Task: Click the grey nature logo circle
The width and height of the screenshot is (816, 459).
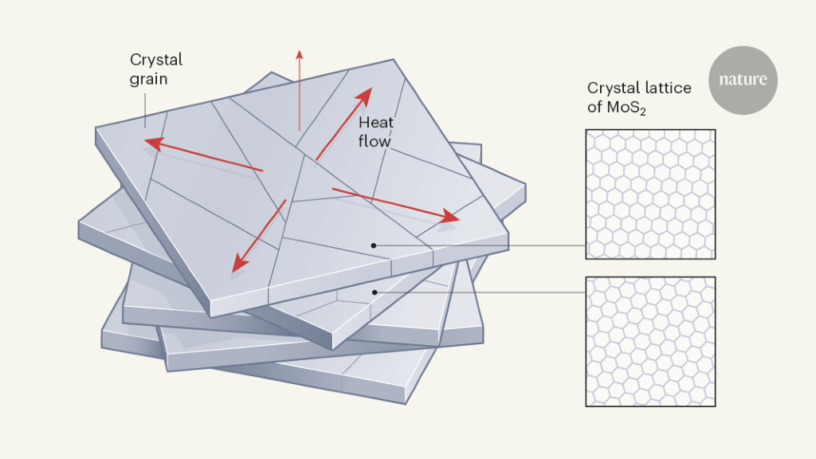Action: pyautogui.click(x=743, y=80)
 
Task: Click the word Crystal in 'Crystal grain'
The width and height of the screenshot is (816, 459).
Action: pyautogui.click(x=156, y=61)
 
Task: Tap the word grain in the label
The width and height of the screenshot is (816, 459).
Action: pyautogui.click(x=148, y=80)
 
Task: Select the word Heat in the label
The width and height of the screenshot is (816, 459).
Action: pyautogui.click(x=376, y=122)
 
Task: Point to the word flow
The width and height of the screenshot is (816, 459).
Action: pyautogui.click(x=375, y=141)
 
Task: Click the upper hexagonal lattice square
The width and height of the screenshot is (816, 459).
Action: pyautogui.click(x=650, y=194)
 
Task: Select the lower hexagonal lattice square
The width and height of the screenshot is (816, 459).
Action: pyautogui.click(x=650, y=341)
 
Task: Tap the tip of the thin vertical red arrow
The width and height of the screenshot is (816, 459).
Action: pyautogui.click(x=300, y=50)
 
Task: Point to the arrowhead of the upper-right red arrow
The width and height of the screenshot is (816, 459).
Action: pyautogui.click(x=365, y=95)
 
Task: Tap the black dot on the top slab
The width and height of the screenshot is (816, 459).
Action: pyautogui.click(x=374, y=245)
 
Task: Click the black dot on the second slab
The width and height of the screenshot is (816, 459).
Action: pyautogui.click(x=375, y=292)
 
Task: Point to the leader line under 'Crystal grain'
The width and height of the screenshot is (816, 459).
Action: pyautogui.click(x=145, y=110)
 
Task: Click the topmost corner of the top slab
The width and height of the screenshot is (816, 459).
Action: pyautogui.click(x=394, y=59)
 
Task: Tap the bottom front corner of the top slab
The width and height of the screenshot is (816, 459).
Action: pyautogui.click(x=210, y=316)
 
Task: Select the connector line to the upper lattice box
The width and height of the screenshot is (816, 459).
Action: pyautogui.click(x=480, y=245)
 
